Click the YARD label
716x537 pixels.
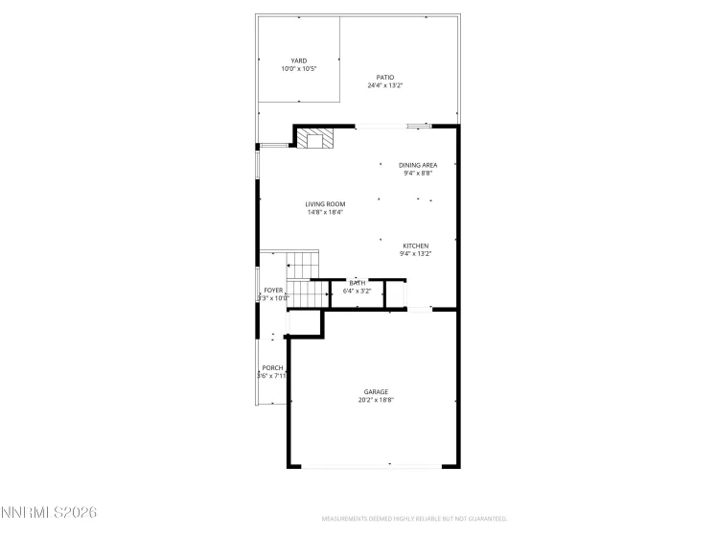[299, 60]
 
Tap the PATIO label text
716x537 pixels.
[384, 78]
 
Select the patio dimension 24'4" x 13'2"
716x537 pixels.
[384, 86]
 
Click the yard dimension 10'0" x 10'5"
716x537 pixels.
[299, 69]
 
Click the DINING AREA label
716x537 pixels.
[418, 165]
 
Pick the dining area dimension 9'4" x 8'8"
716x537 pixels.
[418, 174]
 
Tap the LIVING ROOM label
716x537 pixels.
[325, 203]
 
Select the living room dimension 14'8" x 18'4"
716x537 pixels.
[325, 212]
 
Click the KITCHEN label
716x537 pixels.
[415, 245]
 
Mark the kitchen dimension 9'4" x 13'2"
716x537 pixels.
[415, 254]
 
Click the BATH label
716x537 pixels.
[358, 282]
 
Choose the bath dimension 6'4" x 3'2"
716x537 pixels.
[358, 290]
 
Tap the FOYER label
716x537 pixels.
[273, 290]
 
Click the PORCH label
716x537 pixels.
[272, 367]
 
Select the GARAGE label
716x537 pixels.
[375, 391]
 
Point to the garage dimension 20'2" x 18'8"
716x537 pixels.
[375, 400]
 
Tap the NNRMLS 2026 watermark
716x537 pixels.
[50, 516]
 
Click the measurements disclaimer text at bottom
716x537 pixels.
[414, 519]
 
